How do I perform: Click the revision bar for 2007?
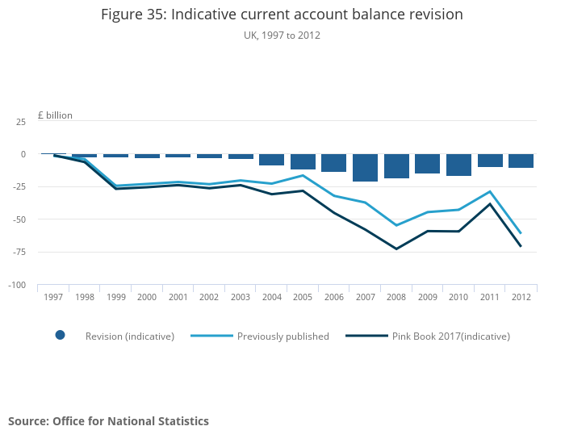tap(365, 168)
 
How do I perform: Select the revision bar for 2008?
tap(396, 166)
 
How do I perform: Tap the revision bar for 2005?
tap(303, 161)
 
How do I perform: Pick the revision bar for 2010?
tap(458, 165)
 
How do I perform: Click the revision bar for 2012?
tap(521, 161)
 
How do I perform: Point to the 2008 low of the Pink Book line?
tap(396, 249)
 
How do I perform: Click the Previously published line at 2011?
tap(490, 191)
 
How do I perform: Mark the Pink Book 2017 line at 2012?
tap(521, 246)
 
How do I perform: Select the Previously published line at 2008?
tap(396, 225)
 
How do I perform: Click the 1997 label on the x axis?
tap(53, 297)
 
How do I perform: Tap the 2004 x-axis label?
tap(272, 297)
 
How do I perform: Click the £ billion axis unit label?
tap(55, 115)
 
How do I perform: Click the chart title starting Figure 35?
tap(282, 15)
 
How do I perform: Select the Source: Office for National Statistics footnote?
tap(108, 421)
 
